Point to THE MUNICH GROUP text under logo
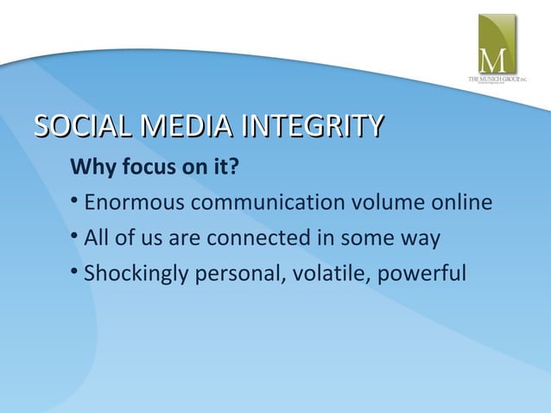point(497,79)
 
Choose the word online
point(463,203)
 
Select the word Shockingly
point(134,275)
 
